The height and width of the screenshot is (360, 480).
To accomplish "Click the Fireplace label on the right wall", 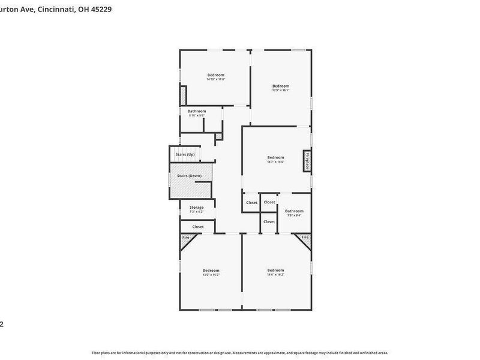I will (x=307, y=161).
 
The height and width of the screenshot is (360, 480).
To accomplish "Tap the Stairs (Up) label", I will (x=185, y=155).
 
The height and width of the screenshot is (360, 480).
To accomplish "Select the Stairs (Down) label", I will (x=189, y=176).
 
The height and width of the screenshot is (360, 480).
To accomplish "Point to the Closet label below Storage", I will (x=198, y=227).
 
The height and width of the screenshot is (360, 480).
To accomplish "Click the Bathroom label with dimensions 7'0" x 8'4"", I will (x=294, y=211).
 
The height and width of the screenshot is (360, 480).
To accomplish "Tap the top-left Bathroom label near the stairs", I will (x=197, y=111).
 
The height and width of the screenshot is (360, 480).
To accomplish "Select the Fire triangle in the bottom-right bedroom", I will (x=305, y=238).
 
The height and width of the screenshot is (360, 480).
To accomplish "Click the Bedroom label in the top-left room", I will (x=215, y=75).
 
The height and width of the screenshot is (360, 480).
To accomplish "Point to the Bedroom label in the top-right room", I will (x=280, y=86).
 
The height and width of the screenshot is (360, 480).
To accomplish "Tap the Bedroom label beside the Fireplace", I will (x=275, y=158).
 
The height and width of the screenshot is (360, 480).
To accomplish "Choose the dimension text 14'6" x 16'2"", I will (x=275, y=274).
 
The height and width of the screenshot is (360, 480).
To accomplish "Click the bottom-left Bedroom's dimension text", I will (x=211, y=275).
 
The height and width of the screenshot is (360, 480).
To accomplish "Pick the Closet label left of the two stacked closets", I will (x=251, y=203).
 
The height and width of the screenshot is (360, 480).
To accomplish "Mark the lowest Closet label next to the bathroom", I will (x=269, y=221).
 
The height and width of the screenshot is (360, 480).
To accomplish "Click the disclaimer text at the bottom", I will (x=240, y=353).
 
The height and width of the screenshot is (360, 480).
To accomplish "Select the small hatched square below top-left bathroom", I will (x=219, y=137).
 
